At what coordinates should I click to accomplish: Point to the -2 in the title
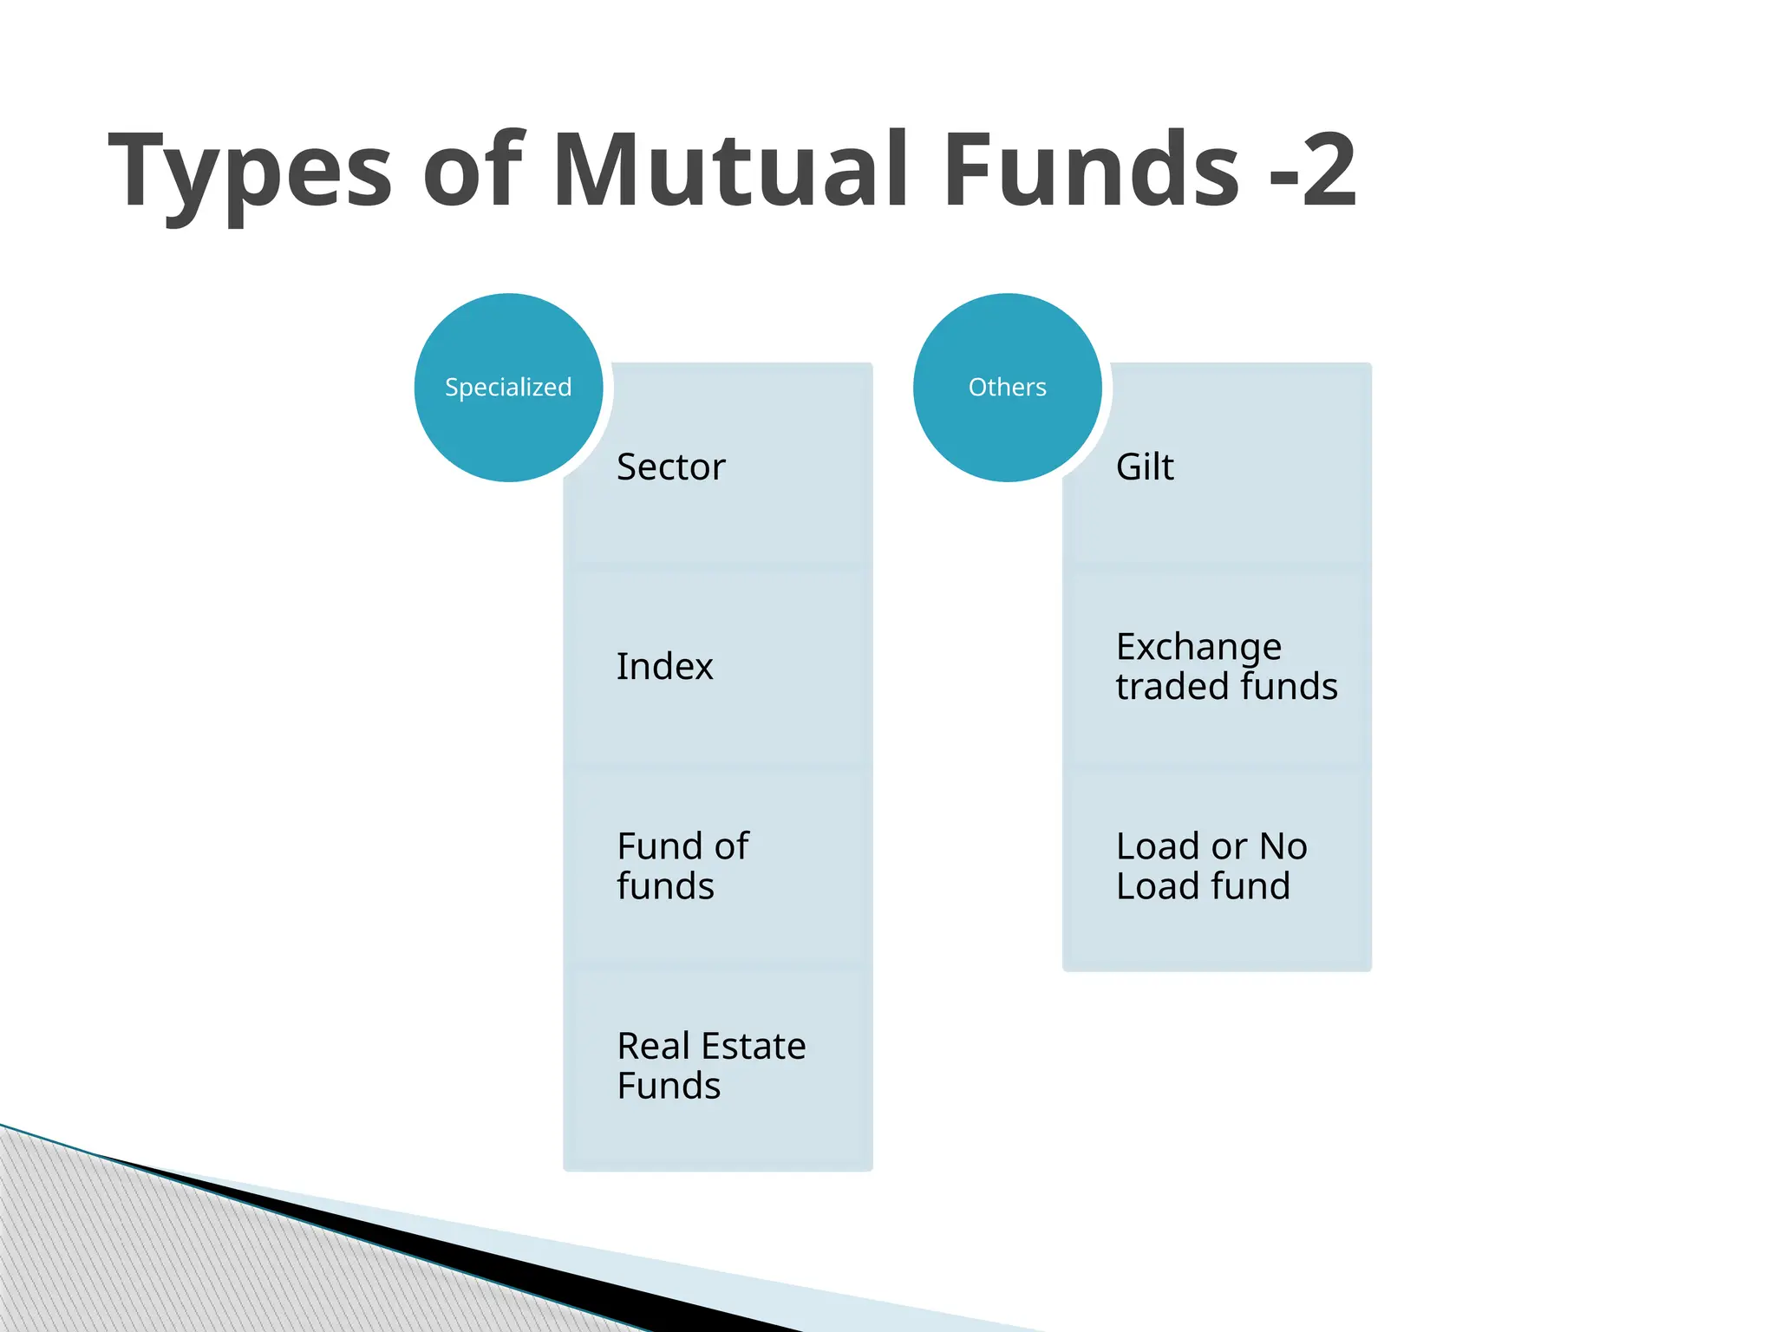(1312, 170)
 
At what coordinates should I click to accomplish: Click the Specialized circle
(508, 387)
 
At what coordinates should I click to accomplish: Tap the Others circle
(1007, 387)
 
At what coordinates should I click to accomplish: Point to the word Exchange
(1198, 648)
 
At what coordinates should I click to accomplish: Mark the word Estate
(756, 1046)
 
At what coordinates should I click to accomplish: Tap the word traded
(1171, 686)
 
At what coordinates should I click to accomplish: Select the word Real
(653, 1046)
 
